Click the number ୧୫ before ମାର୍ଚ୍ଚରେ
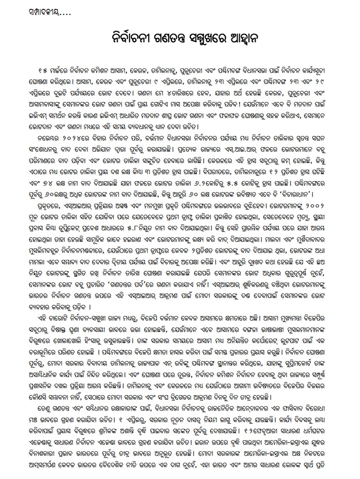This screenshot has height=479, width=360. click(x=51, y=70)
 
